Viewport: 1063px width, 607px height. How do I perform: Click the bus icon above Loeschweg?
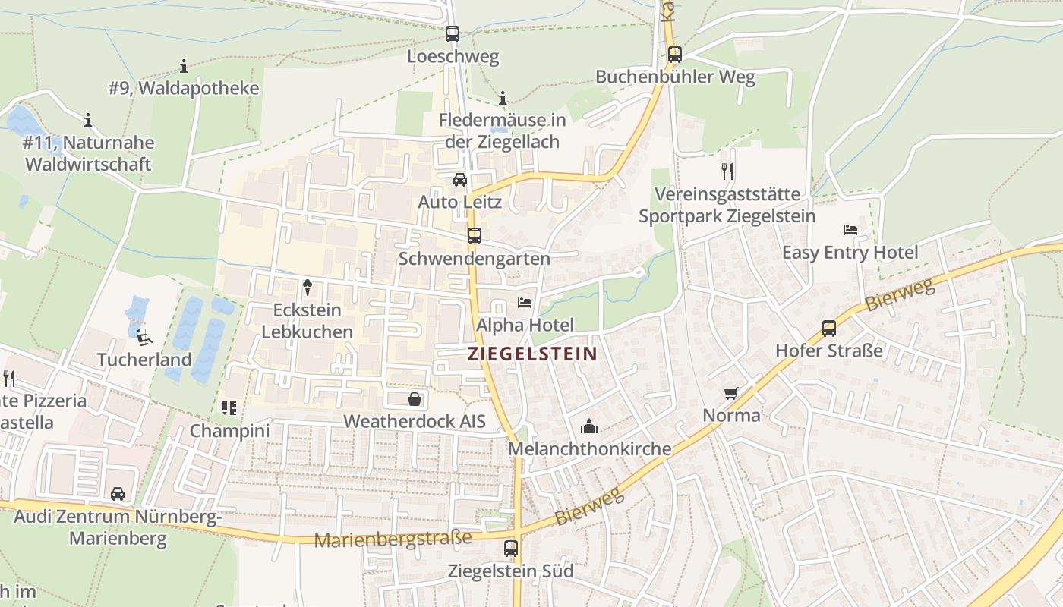453,33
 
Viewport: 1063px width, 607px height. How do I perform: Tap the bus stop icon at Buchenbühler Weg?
674,54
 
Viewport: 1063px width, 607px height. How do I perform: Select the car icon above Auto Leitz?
460,180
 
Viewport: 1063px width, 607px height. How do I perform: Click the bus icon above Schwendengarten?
475,236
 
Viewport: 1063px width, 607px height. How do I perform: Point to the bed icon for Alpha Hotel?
525,303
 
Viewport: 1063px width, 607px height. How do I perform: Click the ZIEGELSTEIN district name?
532,354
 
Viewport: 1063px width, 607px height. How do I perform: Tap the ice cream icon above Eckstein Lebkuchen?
308,287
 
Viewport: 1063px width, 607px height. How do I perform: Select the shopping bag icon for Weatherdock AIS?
415,398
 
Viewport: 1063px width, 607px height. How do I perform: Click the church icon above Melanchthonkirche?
589,426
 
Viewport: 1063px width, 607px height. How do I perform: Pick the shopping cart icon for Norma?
731,393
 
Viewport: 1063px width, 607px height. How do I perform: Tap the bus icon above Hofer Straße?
829,329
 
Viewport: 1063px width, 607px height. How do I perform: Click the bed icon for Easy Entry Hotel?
850,230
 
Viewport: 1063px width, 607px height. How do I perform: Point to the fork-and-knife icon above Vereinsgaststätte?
727,171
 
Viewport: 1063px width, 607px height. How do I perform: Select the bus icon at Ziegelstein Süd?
511,548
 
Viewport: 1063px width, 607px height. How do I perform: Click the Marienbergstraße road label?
393,539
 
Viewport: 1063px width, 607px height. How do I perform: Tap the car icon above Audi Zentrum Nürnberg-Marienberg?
118,495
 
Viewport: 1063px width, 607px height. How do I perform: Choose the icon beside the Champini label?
229,408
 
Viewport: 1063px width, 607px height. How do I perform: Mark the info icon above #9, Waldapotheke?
184,66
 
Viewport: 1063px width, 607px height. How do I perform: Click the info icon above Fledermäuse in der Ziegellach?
502,98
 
